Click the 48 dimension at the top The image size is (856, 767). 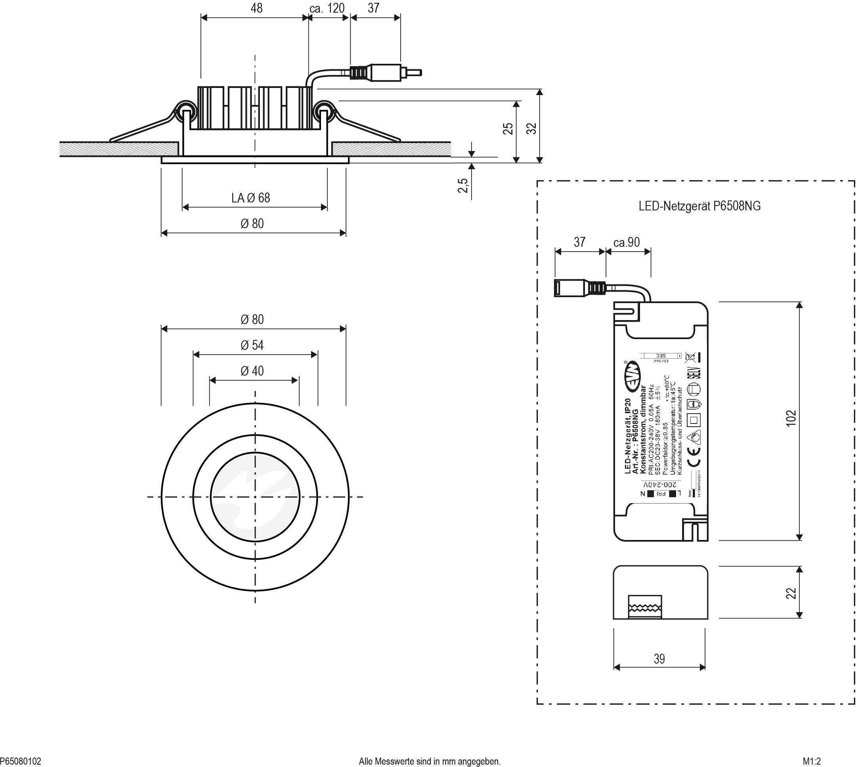(x=256, y=8)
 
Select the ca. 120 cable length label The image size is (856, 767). (x=327, y=8)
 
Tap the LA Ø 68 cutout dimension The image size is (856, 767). (x=250, y=198)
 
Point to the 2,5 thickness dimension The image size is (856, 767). (x=463, y=185)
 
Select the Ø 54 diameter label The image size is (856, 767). (x=252, y=345)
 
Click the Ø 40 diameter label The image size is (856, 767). (x=252, y=371)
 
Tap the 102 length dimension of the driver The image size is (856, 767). (x=791, y=418)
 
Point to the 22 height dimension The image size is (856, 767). (x=791, y=593)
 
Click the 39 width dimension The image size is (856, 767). (x=659, y=659)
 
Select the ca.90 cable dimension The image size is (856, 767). (x=626, y=242)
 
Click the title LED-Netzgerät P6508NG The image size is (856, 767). (x=699, y=206)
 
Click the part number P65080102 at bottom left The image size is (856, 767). (x=21, y=761)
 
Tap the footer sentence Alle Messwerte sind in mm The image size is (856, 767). (x=430, y=761)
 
